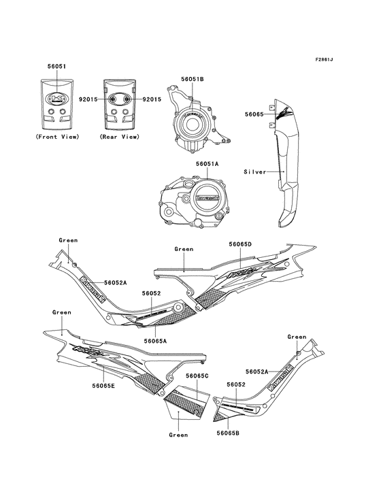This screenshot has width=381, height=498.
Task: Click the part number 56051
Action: (57, 67)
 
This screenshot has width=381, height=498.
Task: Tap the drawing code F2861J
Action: (324, 59)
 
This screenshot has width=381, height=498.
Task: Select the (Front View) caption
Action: (57, 137)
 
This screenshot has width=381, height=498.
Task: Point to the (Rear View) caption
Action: (120, 137)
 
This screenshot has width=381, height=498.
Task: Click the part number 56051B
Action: (193, 79)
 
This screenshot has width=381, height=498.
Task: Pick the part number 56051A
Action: (207, 164)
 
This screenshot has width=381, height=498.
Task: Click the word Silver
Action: (255, 172)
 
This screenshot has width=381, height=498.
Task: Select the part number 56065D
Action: (240, 244)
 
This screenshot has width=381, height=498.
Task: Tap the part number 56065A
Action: (155, 341)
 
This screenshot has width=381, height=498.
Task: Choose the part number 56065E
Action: (103, 386)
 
